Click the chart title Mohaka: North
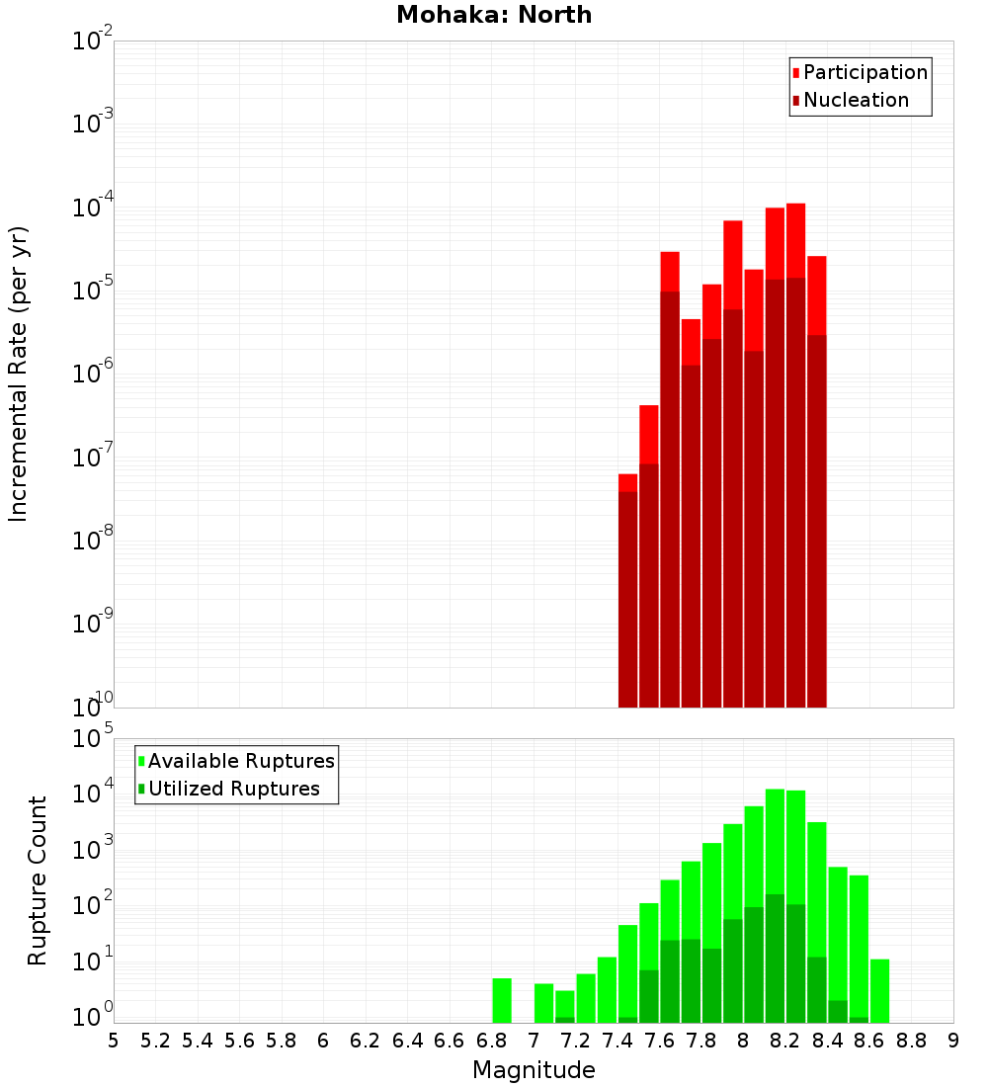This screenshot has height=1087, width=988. (x=494, y=15)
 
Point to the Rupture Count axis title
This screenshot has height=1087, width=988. (x=38, y=880)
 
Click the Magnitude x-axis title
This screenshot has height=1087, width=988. (x=534, y=1070)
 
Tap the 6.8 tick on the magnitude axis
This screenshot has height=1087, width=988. (x=491, y=1041)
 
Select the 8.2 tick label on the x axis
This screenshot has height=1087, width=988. (x=785, y=1041)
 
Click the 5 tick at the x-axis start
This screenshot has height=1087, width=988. (x=114, y=1041)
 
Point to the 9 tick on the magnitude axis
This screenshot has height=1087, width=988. (x=953, y=1041)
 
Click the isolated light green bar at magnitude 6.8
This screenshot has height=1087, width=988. (x=502, y=1000)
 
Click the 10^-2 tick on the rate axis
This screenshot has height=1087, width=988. (x=93, y=42)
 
